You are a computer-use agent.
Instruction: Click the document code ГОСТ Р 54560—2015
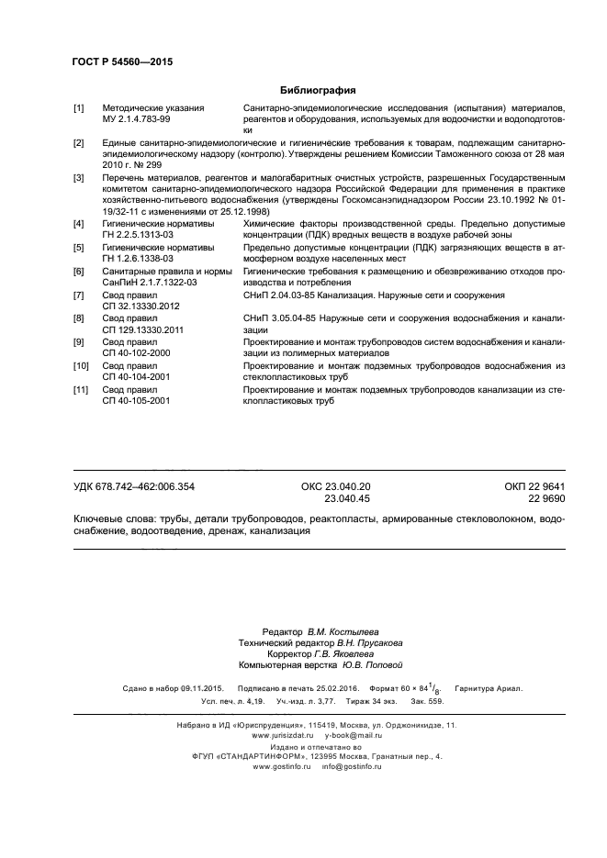[122, 61]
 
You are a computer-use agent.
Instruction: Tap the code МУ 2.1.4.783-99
[139, 119]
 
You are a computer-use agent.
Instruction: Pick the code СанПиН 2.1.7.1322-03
[149, 283]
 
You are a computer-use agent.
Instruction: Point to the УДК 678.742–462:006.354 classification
[134, 486]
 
